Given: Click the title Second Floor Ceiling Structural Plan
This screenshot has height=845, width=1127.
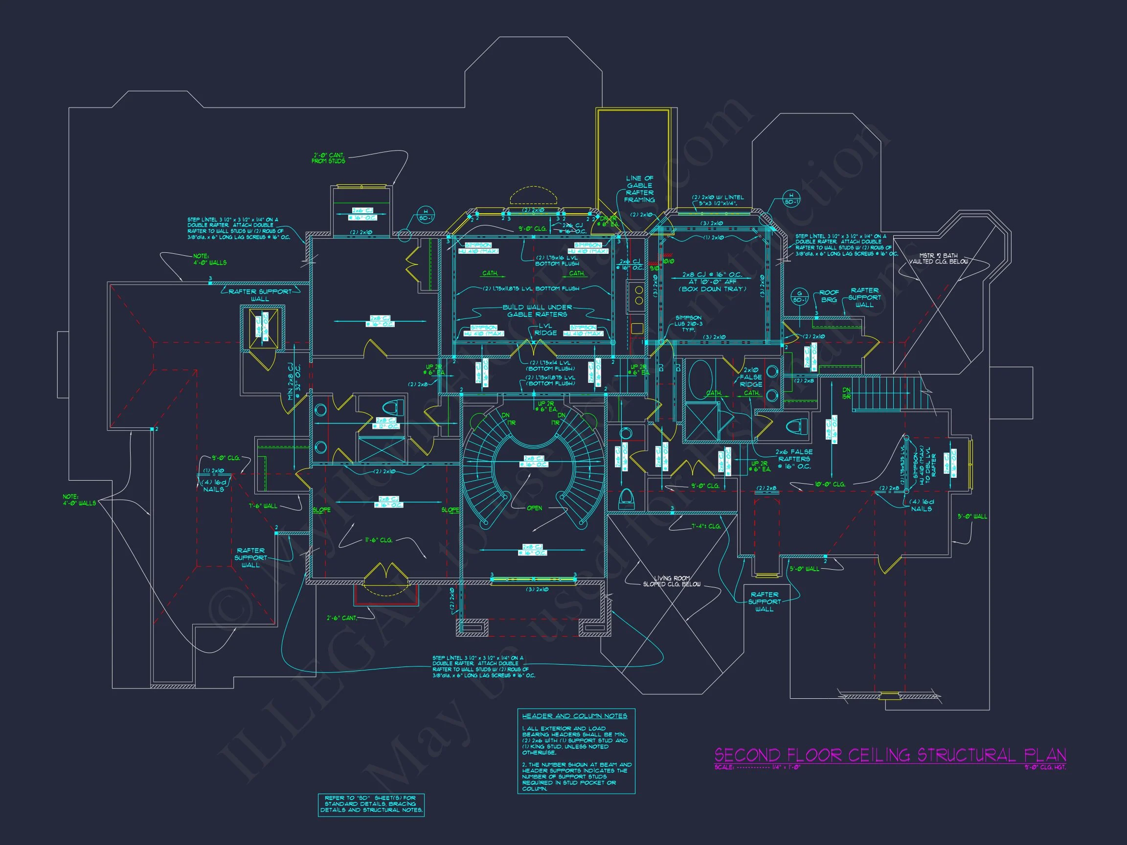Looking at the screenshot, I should (x=890, y=755).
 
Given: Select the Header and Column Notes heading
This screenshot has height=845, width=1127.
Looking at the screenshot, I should (x=574, y=716).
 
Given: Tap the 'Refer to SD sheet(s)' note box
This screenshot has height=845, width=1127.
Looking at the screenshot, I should (x=371, y=804).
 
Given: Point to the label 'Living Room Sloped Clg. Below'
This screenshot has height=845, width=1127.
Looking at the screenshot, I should (x=672, y=581).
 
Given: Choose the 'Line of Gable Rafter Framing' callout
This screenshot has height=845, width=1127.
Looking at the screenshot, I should (x=639, y=189).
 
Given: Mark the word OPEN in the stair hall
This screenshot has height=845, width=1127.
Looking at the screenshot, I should (x=535, y=508).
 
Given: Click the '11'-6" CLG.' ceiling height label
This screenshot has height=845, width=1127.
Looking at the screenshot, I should (x=379, y=540).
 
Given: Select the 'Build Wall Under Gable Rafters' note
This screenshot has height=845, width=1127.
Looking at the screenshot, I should (x=537, y=311).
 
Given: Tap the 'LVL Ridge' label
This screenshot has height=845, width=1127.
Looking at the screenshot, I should (x=545, y=329).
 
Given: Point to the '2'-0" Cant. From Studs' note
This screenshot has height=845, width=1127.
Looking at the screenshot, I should (x=329, y=158).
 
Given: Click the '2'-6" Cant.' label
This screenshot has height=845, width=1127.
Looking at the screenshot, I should (x=342, y=618).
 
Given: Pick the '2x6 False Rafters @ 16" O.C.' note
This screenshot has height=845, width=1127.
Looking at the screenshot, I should (x=794, y=459).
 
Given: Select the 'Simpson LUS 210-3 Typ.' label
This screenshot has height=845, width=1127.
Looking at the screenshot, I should (x=688, y=323).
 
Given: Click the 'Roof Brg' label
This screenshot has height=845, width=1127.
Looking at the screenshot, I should (x=829, y=296).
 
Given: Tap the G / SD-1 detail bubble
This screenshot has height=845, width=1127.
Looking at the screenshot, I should (x=799, y=296).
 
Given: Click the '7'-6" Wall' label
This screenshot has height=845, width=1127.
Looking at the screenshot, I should (x=263, y=506).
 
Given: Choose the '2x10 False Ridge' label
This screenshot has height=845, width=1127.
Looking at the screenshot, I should (x=751, y=377).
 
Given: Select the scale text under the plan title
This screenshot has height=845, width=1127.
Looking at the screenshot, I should (x=757, y=767).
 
